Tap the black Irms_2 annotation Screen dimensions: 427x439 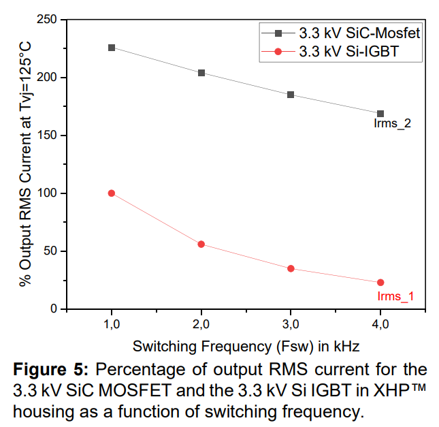tap(392, 124)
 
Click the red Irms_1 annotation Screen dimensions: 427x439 tap(395, 296)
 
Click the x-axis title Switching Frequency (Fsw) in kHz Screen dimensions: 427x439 tap(246, 346)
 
